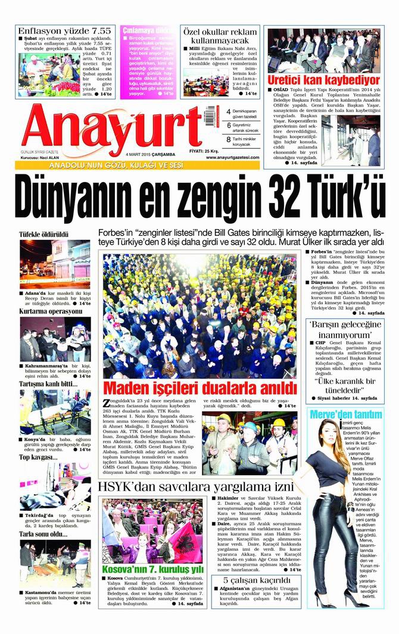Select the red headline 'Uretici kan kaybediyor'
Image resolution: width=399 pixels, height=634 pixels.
323,79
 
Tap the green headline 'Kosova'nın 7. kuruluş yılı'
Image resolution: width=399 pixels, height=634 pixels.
154,570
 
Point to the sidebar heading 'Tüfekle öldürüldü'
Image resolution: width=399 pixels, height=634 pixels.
44,235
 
